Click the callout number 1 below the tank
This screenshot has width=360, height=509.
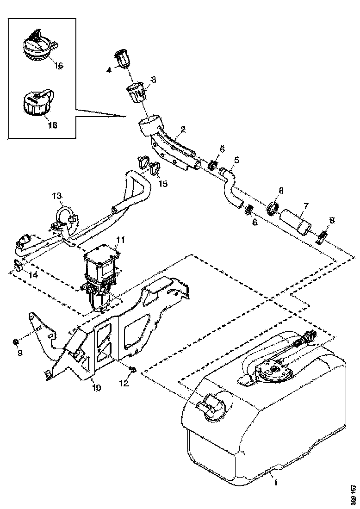[x=276, y=482]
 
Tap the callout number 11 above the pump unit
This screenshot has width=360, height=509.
[x=121, y=240]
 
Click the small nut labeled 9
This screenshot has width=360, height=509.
[x=15, y=342]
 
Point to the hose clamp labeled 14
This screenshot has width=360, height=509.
[x=18, y=265]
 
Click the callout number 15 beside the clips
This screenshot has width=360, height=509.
[x=163, y=183]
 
